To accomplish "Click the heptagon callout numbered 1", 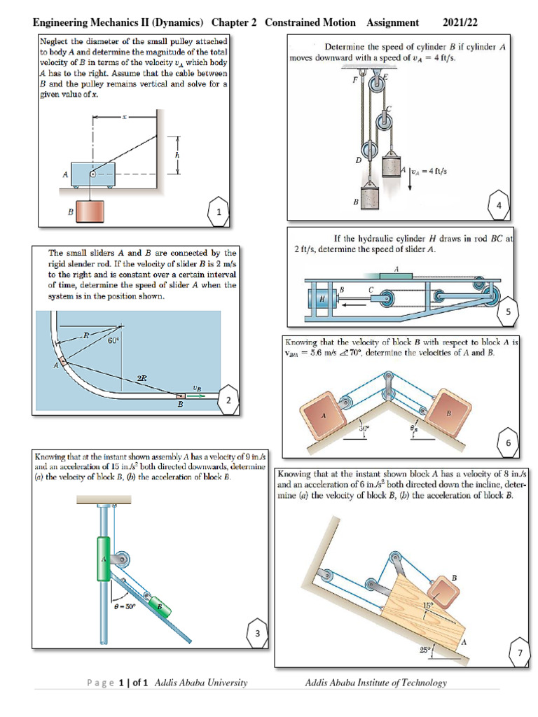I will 219,211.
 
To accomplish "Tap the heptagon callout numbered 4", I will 498,204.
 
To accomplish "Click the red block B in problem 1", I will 92,211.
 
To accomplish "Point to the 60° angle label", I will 113,341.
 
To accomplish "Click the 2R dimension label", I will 142,377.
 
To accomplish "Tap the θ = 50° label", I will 126,606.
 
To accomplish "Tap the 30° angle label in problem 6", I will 364,429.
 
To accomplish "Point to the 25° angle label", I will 425,650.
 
